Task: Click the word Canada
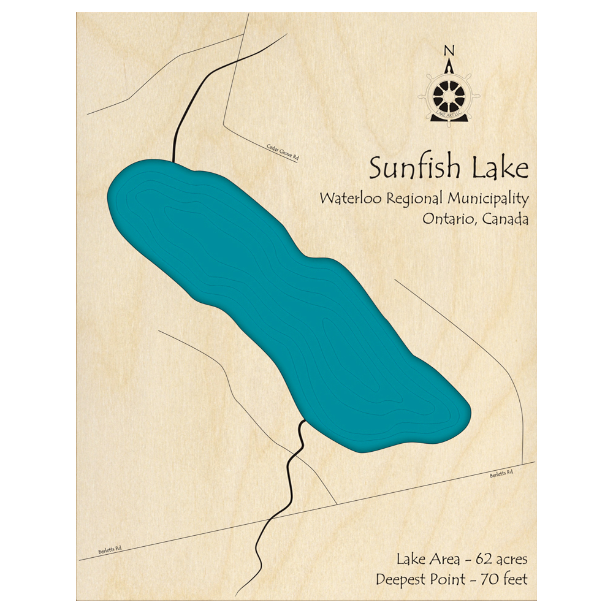click(505, 219)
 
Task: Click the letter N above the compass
click(449, 50)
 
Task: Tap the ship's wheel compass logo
click(450, 95)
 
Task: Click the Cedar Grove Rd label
click(283, 152)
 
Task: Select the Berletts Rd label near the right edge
click(500, 474)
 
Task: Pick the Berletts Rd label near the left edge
click(110, 550)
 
